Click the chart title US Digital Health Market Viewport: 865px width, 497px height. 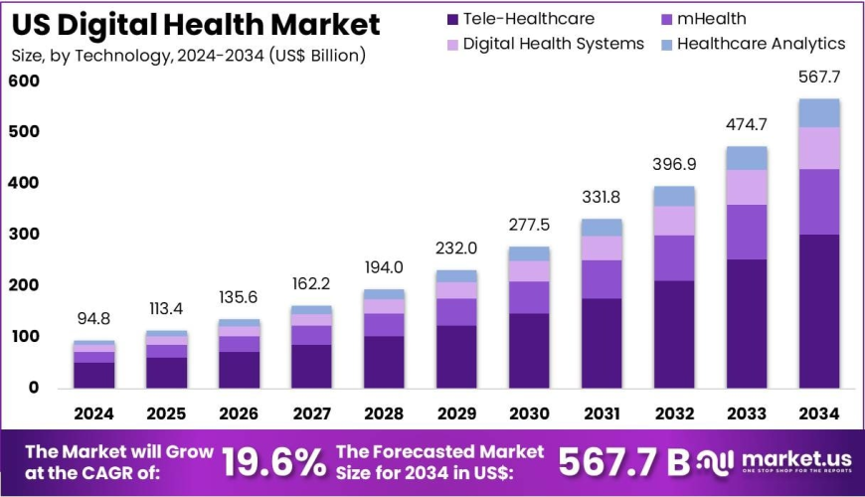196,24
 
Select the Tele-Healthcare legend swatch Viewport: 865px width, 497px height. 453,19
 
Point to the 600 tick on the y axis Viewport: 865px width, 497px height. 25,81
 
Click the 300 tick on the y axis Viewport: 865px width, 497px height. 25,235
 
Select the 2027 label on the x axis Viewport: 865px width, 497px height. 311,414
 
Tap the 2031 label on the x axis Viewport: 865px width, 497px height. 602,414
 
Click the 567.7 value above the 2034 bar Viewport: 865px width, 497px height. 819,77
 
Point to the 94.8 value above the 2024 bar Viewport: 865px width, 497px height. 93,319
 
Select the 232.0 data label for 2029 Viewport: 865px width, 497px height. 456,248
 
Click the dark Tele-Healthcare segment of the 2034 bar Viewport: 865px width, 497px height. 819,310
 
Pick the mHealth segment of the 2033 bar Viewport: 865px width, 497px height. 747,232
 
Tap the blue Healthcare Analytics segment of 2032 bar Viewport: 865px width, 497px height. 674,196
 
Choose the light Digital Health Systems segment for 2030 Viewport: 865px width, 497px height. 529,270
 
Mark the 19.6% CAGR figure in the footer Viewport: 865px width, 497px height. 273,461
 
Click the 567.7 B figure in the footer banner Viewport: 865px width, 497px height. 623,461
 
